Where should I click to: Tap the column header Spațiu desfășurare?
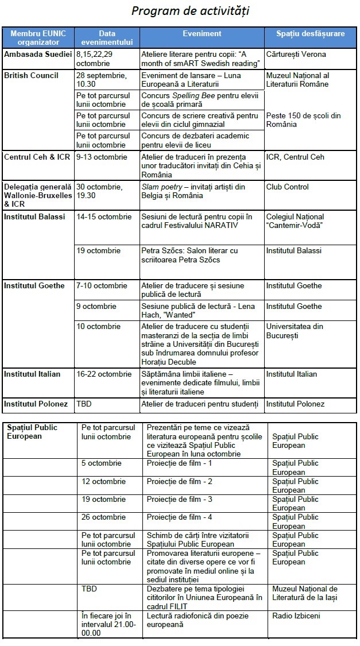point(311,34)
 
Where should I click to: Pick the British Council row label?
point(31,76)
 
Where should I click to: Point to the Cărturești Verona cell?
point(296,55)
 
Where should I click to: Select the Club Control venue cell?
point(287,187)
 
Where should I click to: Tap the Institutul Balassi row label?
point(34,217)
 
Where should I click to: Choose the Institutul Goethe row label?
point(34,286)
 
